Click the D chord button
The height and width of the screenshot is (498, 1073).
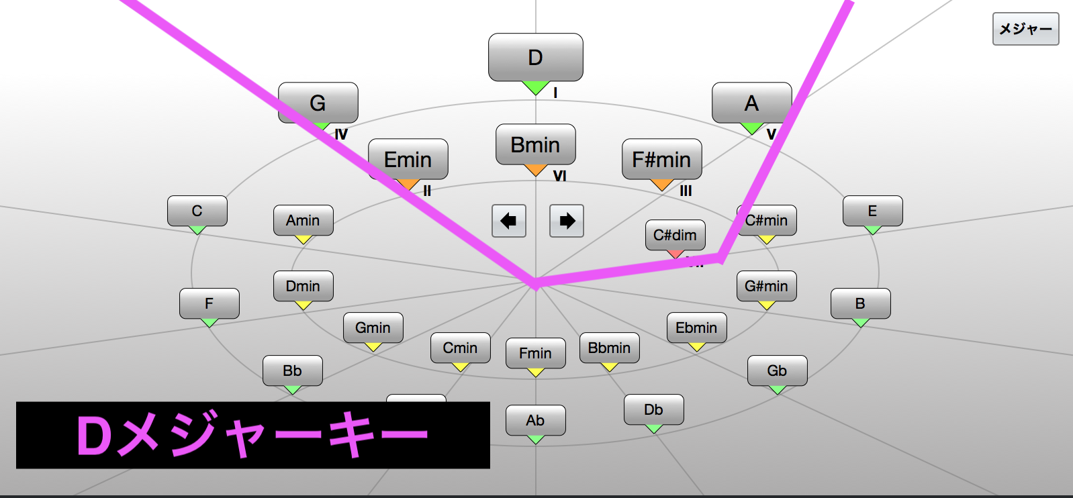click(x=535, y=58)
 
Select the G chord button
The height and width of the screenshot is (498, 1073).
click(x=318, y=103)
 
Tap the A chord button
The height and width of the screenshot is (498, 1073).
click(x=751, y=103)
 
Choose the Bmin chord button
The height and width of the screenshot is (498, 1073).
click(x=535, y=144)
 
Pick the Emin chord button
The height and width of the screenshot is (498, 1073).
click(x=408, y=159)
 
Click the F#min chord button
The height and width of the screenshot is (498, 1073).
click(x=661, y=159)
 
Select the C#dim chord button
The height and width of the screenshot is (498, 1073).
click(x=675, y=235)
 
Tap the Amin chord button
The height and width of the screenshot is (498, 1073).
click(x=303, y=220)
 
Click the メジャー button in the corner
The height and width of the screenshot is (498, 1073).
click(x=1025, y=29)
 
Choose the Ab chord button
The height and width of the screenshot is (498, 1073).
click(x=535, y=420)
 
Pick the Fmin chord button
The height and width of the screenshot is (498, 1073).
click(x=535, y=353)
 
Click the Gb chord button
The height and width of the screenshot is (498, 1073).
click(x=777, y=370)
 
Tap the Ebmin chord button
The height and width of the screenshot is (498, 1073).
click(x=696, y=328)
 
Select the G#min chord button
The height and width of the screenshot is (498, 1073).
click(x=766, y=286)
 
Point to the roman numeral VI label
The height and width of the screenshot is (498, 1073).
click(x=559, y=176)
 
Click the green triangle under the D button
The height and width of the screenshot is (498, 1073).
click(x=535, y=87)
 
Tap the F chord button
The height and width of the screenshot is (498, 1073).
click(x=209, y=303)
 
